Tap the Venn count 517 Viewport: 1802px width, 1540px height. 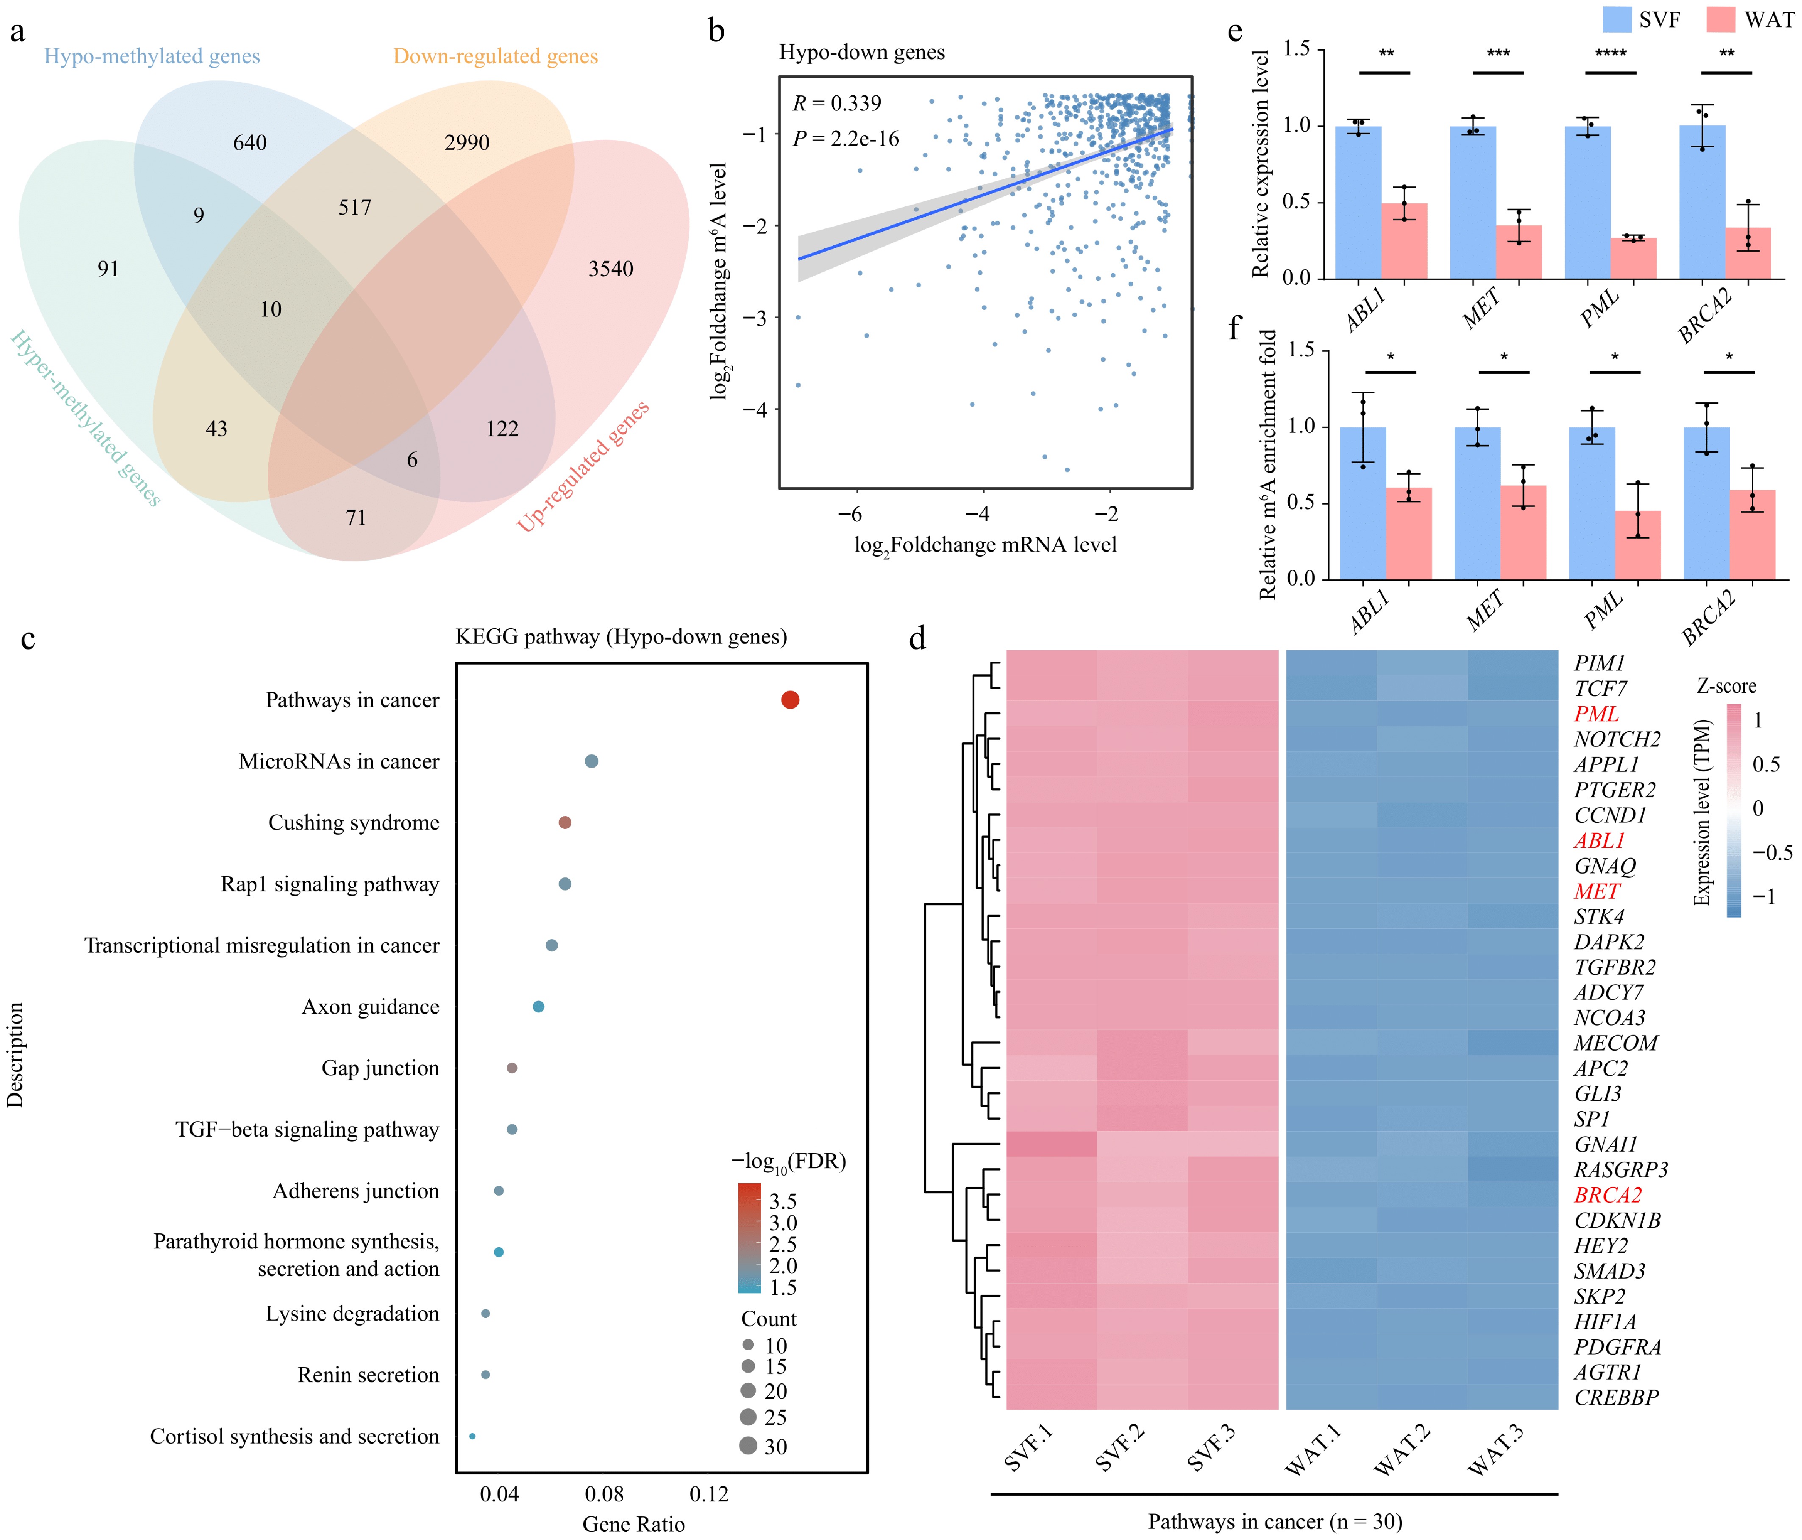pyautogui.click(x=355, y=208)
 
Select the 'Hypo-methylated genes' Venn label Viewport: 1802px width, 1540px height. pyautogui.click(x=152, y=56)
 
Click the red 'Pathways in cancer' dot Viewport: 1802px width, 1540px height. pyautogui.click(x=790, y=700)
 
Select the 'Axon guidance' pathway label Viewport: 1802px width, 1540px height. pyautogui.click(x=370, y=1007)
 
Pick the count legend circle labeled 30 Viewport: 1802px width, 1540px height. pyautogui.click(x=748, y=1446)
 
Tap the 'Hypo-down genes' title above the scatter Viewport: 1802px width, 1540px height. pyautogui.click(x=861, y=52)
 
